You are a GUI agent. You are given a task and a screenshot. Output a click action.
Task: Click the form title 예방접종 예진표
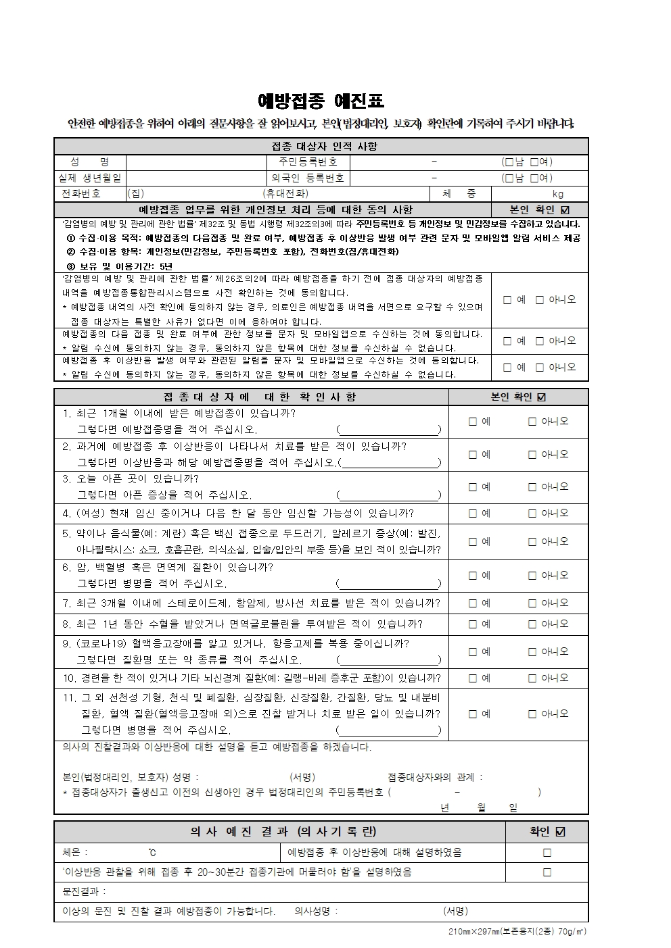(x=321, y=101)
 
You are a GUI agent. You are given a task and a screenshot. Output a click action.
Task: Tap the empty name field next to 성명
(x=196, y=162)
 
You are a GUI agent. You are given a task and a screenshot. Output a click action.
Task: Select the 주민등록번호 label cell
(x=308, y=162)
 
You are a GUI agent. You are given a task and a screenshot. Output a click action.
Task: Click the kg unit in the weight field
(x=557, y=194)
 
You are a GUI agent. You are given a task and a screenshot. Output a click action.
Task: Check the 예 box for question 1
(x=473, y=422)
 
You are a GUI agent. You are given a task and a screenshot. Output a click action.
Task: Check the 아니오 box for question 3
(x=532, y=487)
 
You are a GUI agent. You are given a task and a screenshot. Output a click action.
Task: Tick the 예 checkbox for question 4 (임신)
(x=473, y=514)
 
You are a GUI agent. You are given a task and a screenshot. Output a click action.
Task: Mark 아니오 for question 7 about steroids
(x=532, y=603)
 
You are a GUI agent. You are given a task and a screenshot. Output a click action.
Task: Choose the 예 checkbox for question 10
(x=473, y=678)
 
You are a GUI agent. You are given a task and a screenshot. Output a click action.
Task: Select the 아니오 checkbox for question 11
(x=532, y=714)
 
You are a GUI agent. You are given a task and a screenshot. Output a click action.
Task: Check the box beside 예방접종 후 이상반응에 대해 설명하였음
(x=547, y=853)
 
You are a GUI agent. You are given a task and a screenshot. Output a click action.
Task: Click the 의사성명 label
(x=316, y=911)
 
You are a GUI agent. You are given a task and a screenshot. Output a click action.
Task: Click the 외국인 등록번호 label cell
(x=308, y=178)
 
